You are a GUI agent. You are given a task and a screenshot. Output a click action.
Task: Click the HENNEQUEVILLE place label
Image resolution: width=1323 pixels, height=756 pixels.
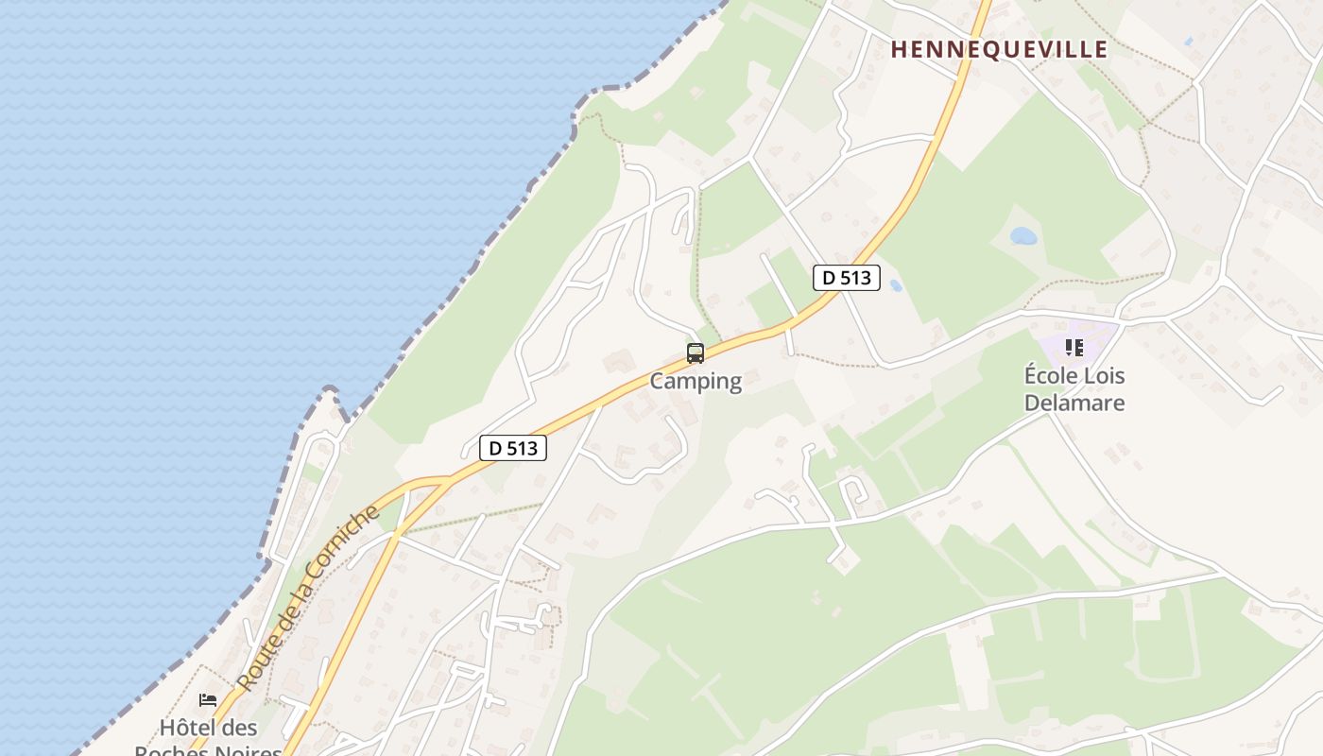[x=999, y=50]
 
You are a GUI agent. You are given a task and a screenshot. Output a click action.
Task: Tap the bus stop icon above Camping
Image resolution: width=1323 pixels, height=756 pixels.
[x=696, y=353]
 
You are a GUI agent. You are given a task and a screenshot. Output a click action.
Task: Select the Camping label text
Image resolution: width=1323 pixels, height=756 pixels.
[x=696, y=382]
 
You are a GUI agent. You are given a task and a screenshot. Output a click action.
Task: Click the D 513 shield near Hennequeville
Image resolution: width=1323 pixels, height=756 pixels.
[x=847, y=278]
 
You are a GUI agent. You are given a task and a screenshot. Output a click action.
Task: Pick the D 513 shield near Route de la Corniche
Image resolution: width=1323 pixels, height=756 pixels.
[x=513, y=448]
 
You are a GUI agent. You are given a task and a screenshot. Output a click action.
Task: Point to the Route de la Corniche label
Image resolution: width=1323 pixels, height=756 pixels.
[x=309, y=597]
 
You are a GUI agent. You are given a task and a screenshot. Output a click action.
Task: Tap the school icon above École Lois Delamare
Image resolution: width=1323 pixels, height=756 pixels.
[x=1074, y=348]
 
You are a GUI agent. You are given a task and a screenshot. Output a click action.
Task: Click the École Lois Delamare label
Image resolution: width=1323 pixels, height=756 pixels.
[x=1074, y=389]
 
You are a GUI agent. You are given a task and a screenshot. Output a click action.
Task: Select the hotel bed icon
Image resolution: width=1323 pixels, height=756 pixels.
[x=208, y=700]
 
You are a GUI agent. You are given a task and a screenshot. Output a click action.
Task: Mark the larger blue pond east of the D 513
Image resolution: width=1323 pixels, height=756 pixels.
[x=1023, y=235]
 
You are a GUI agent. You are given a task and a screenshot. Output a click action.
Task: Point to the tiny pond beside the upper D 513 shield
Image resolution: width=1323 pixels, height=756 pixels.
[x=895, y=284]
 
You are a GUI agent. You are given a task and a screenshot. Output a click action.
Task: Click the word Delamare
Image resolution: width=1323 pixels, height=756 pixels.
[x=1074, y=403]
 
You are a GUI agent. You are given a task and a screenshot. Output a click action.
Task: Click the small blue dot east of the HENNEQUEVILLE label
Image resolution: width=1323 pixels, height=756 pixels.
[x=1188, y=42]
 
